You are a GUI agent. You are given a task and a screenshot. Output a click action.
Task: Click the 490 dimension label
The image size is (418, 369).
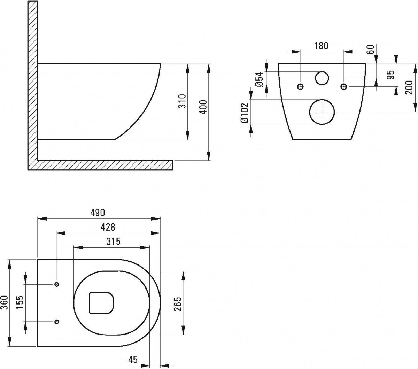(x=99, y=212)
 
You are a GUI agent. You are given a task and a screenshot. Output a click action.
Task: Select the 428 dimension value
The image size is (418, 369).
(x=108, y=227)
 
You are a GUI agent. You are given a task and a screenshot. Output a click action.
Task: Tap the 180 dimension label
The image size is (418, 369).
(x=321, y=46)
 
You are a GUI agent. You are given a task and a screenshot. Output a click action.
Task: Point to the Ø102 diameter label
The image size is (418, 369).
(x=245, y=113)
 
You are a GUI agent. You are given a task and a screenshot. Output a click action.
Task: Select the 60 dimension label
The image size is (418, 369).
(x=371, y=49)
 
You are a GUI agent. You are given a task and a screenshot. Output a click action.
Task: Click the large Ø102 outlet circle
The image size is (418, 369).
(x=322, y=112)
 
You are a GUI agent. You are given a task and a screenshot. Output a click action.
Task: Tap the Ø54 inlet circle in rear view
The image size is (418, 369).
(x=322, y=78)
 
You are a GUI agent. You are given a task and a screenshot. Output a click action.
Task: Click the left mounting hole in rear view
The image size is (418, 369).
(x=300, y=86)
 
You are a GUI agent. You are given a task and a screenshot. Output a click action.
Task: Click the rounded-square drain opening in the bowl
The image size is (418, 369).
(x=102, y=302)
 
